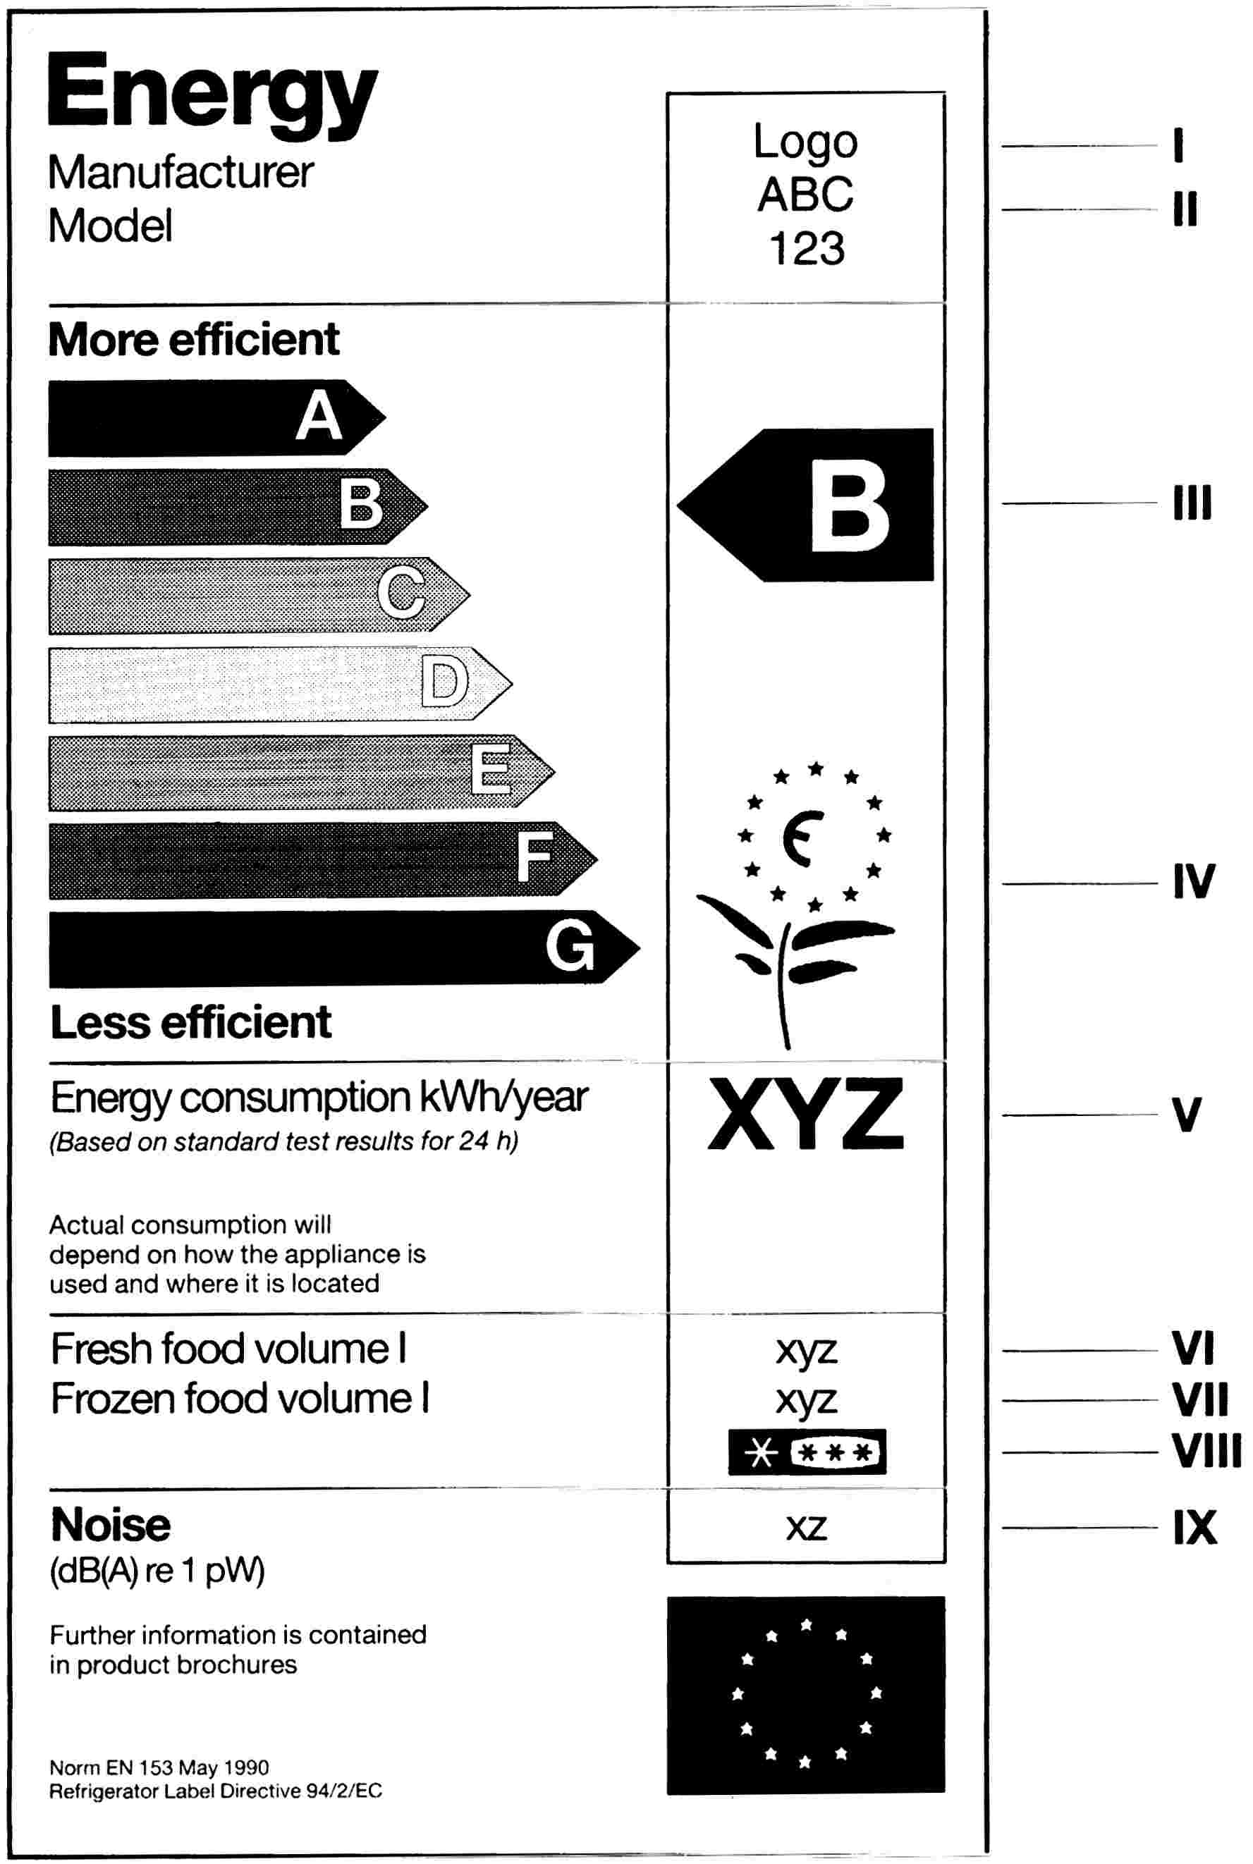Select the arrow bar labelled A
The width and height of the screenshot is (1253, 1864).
tap(216, 418)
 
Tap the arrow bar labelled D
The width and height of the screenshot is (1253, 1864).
tap(280, 685)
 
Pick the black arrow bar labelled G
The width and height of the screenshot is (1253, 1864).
tap(343, 948)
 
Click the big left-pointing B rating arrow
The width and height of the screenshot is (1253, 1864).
tap(805, 505)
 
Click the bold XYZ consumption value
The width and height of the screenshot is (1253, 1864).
tap(805, 1113)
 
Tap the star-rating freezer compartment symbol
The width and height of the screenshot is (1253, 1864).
tap(807, 1452)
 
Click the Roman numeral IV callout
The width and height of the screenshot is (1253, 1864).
tap(1194, 882)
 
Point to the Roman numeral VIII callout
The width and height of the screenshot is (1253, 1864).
tap(1206, 1452)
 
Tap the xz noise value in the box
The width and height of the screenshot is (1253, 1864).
tap(805, 1528)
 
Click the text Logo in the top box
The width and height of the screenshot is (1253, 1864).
tap(805, 142)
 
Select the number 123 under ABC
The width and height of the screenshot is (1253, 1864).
tap(806, 247)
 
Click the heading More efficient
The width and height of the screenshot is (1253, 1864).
tap(194, 340)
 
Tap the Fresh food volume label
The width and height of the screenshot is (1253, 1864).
tap(228, 1349)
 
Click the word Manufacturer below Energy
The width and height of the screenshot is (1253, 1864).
tap(181, 172)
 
